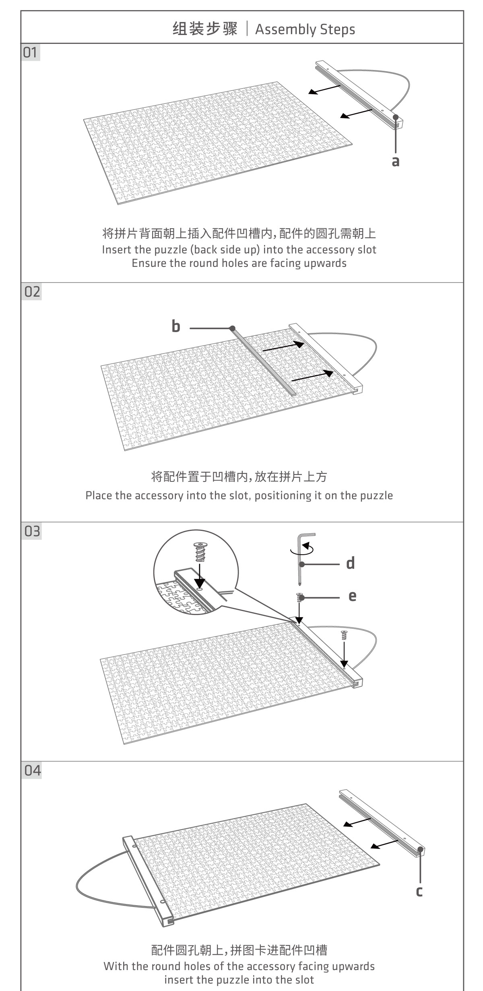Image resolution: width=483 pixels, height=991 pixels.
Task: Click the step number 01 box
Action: [x=31, y=53]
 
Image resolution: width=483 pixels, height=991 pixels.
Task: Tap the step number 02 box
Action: [x=31, y=292]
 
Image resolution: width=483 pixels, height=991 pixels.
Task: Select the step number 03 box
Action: [x=31, y=531]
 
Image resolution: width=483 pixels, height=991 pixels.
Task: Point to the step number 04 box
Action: [x=31, y=770]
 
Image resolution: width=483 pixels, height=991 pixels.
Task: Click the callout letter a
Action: [x=396, y=161]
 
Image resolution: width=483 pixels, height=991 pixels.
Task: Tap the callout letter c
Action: [x=419, y=891]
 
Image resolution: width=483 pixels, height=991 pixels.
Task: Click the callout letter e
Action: [x=352, y=596]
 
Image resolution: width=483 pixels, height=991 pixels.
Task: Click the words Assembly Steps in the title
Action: [x=305, y=29]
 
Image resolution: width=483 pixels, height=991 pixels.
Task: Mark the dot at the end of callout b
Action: [x=232, y=328]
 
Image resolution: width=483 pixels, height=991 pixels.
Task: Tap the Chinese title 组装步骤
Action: [x=205, y=29]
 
